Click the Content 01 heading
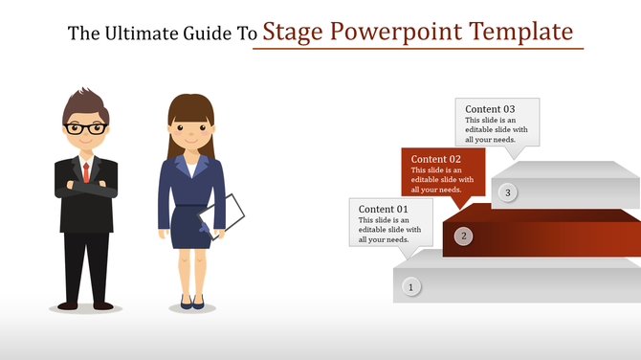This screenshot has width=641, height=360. pos(384,209)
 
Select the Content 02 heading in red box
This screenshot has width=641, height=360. pos(436,159)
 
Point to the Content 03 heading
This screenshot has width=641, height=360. pos(490,109)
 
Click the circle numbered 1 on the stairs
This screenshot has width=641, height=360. pos(411,286)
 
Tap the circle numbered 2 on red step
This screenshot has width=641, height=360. pos(463,236)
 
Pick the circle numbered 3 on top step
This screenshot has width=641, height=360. pos(509,193)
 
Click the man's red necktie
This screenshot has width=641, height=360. pos(86,171)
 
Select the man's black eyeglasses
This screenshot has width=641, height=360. pos(86,127)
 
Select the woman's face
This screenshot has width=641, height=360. pos(189,130)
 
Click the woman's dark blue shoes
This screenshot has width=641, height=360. pos(192,302)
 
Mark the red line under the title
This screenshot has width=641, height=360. pos(417,48)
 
